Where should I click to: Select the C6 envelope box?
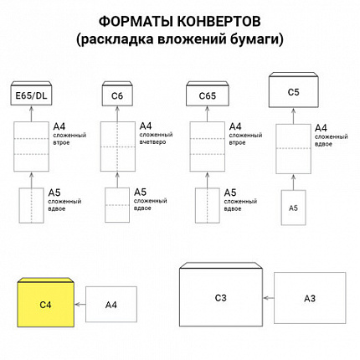click(x=117, y=97)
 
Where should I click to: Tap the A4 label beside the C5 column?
click(x=320, y=128)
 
